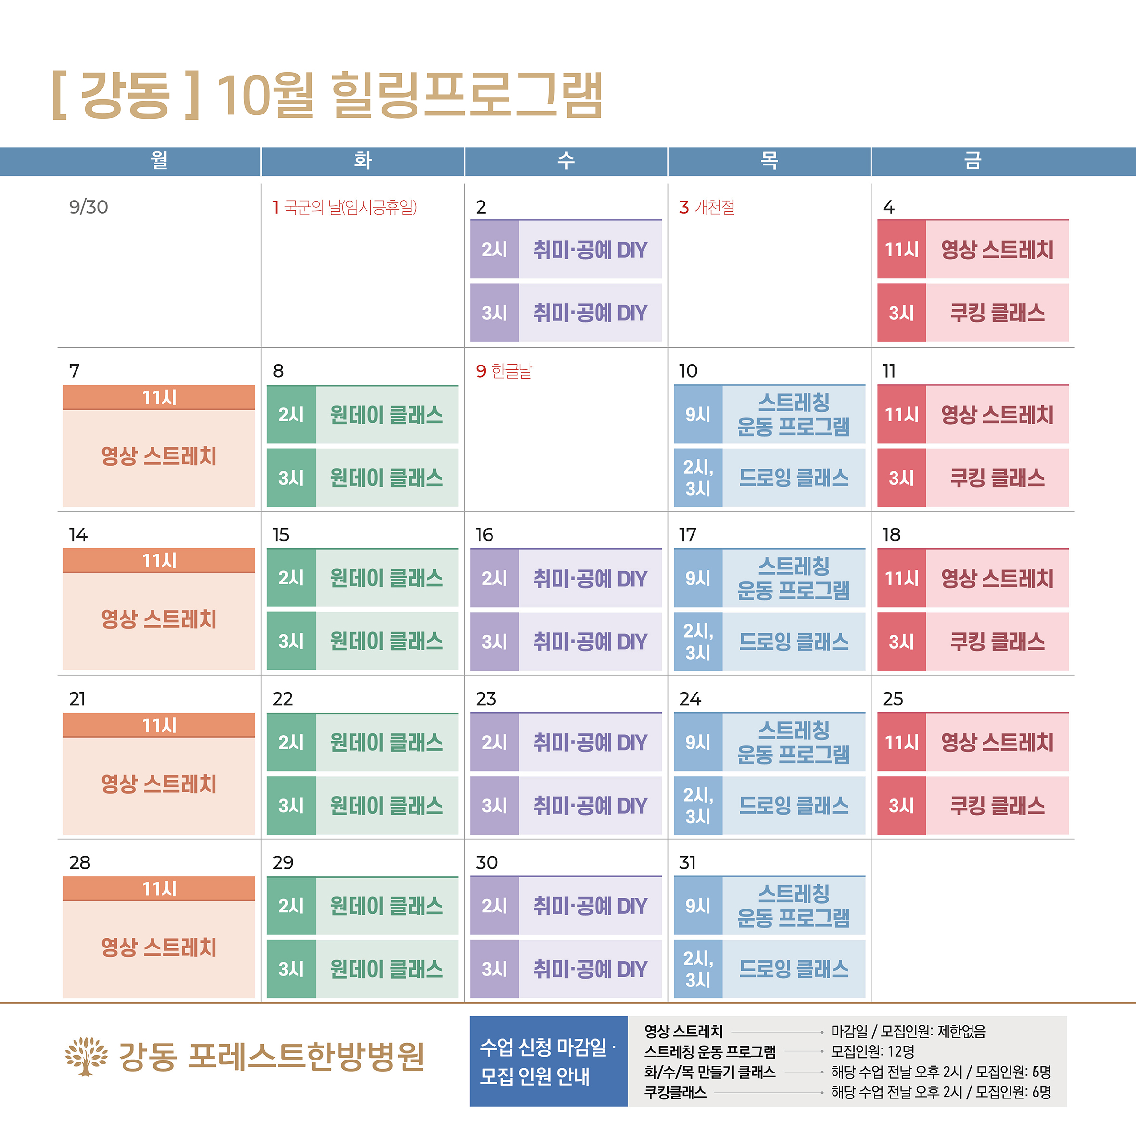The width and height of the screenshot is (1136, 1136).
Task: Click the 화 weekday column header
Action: (x=362, y=161)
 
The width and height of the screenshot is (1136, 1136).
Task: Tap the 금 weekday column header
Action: (x=972, y=161)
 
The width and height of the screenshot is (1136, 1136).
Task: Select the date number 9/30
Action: (x=88, y=207)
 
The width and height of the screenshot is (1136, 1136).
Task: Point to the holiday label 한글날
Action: (x=512, y=371)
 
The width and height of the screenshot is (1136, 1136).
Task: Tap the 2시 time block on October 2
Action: (x=494, y=249)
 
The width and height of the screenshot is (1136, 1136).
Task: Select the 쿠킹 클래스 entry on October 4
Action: (x=997, y=313)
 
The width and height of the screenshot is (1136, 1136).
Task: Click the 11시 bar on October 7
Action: (x=159, y=397)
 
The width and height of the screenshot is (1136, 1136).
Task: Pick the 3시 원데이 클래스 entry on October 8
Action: (x=386, y=478)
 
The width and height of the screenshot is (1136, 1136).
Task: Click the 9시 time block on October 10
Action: (x=698, y=415)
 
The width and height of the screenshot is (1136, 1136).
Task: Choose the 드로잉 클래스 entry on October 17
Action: (x=793, y=642)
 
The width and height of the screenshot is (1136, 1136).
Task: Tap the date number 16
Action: (x=484, y=534)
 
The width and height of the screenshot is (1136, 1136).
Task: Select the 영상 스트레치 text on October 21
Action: (x=159, y=784)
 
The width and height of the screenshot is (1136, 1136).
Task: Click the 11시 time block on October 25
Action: (x=901, y=743)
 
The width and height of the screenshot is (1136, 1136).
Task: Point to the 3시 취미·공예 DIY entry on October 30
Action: (x=590, y=969)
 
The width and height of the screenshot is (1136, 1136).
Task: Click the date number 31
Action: (x=687, y=863)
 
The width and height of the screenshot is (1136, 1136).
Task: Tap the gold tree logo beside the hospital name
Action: (x=87, y=1057)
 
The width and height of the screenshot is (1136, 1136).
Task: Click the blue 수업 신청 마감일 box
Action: (x=548, y=1061)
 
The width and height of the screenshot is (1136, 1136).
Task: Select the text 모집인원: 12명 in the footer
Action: (x=872, y=1051)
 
